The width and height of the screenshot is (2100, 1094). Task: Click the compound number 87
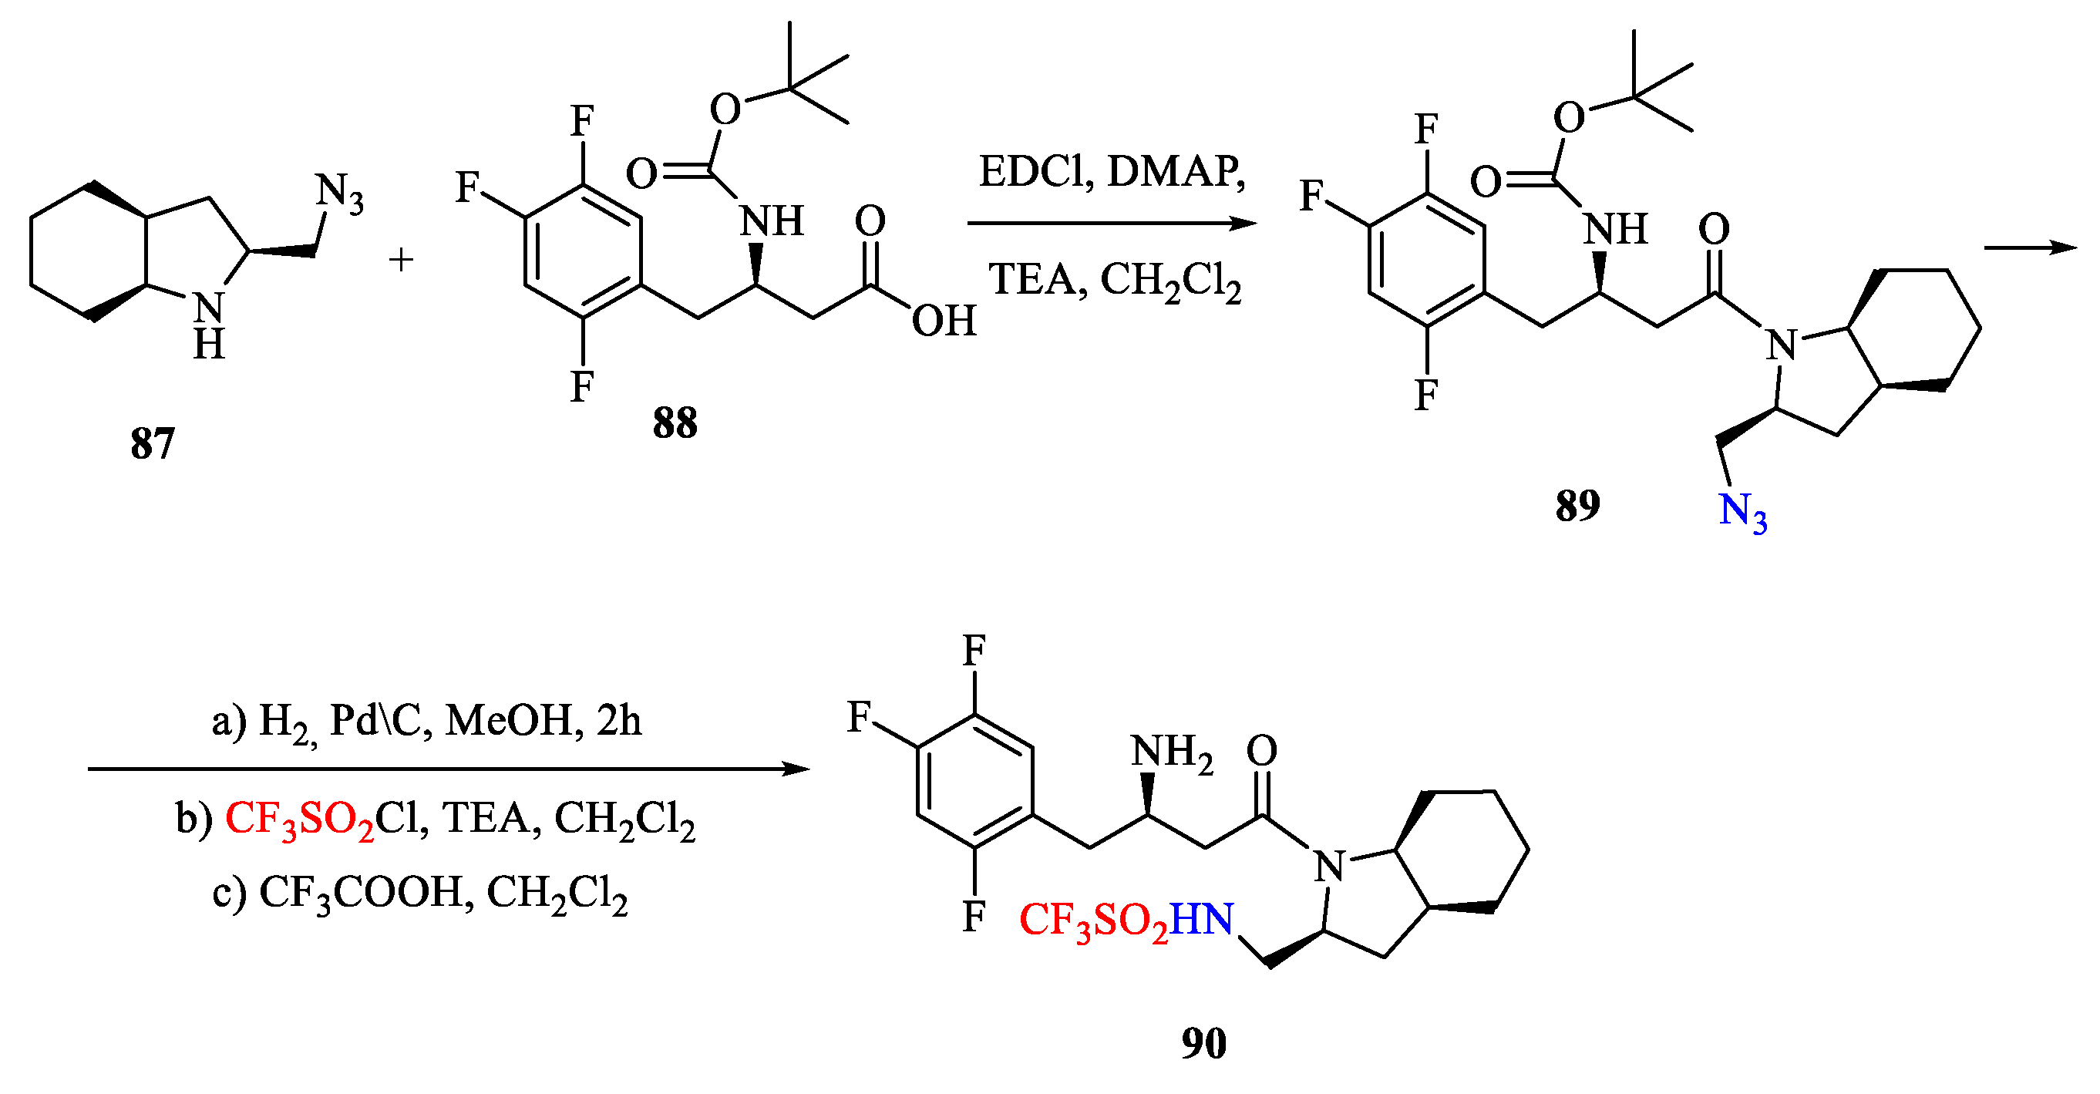click(153, 444)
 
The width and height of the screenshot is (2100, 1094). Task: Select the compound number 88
click(675, 423)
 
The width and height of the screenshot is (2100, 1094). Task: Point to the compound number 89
click(1577, 506)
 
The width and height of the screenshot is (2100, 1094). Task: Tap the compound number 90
click(1204, 1043)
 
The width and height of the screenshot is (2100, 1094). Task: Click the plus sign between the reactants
click(400, 260)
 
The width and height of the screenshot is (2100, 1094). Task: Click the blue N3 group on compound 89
click(1743, 512)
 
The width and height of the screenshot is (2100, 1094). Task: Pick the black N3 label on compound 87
click(339, 194)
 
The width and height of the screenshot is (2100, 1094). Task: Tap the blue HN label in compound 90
click(1203, 920)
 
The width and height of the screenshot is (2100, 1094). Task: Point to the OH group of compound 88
click(943, 321)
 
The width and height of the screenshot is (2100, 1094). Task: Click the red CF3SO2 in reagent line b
click(299, 820)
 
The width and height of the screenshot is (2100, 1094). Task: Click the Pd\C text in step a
click(381, 721)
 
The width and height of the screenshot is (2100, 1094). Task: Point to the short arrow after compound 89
click(2031, 245)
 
